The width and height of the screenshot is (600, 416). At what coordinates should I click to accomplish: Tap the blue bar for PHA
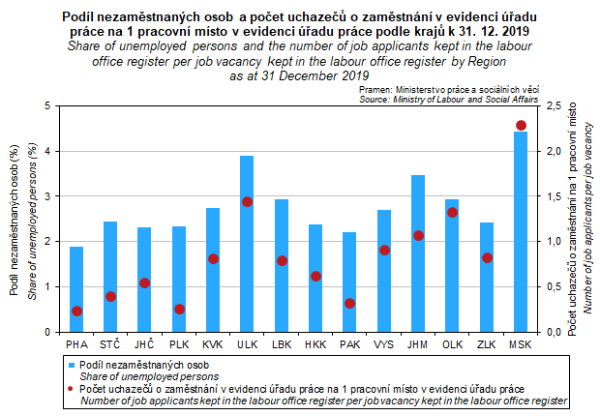click(x=76, y=289)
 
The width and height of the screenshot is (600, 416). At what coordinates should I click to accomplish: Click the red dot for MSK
click(x=521, y=126)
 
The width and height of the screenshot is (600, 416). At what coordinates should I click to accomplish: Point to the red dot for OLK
click(x=453, y=213)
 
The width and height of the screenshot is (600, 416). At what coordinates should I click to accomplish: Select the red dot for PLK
click(x=179, y=310)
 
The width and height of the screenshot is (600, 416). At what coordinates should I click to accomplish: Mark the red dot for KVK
click(x=213, y=259)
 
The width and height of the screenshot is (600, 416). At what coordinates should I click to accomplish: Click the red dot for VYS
click(x=384, y=251)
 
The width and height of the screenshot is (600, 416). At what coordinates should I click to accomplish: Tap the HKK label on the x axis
click(x=315, y=344)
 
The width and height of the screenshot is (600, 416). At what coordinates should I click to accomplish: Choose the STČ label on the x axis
click(x=110, y=344)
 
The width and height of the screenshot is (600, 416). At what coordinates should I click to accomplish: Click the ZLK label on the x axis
click(x=487, y=344)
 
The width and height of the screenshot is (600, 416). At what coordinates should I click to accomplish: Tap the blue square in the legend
click(x=72, y=365)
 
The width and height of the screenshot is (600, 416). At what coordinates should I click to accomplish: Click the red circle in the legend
click(x=72, y=388)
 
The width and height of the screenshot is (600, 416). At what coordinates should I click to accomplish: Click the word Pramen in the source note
click(x=376, y=89)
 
